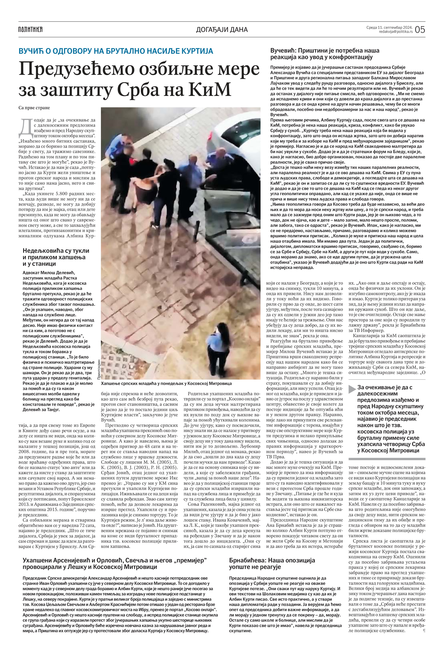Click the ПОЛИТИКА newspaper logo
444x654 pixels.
click(x=30, y=29)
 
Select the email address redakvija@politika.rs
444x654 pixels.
click(x=396, y=32)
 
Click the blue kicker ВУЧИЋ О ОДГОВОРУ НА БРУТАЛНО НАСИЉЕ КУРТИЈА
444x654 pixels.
click(x=116, y=51)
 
